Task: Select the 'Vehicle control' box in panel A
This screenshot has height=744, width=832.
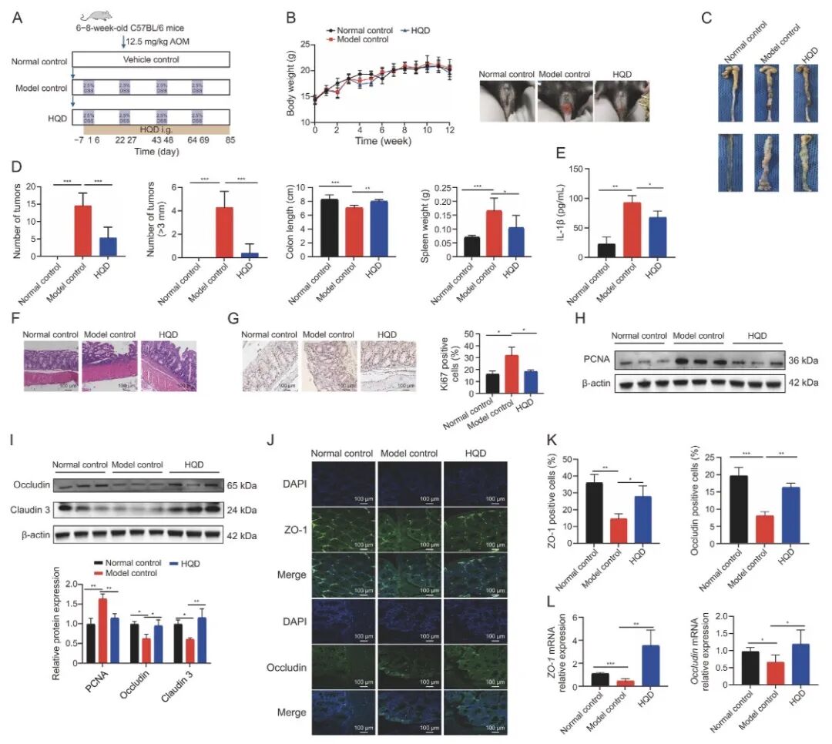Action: pyautogui.click(x=151, y=59)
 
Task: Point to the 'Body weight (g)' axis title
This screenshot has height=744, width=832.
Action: pyautogui.click(x=292, y=83)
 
